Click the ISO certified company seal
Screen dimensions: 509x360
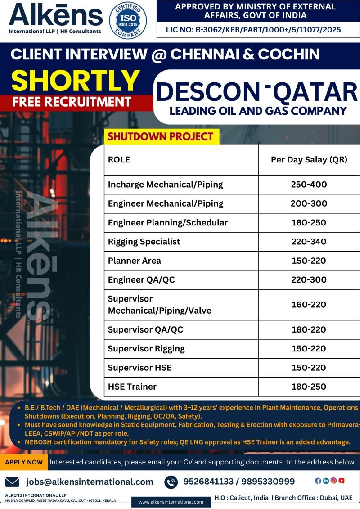pyautogui.click(x=127, y=21)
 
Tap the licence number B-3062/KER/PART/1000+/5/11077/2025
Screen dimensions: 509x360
pyautogui.click(x=254, y=30)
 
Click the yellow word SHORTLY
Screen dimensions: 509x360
pyautogui.click(x=76, y=81)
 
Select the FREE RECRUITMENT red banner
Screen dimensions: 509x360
pyautogui.click(x=72, y=101)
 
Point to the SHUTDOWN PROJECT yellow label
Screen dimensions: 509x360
pyautogui.click(x=161, y=136)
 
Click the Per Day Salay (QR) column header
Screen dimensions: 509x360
pyautogui.click(x=309, y=160)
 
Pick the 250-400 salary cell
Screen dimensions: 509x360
pyautogui.click(x=309, y=185)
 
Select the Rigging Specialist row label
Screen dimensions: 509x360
pyautogui.click(x=144, y=242)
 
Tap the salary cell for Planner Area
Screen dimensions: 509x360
pyautogui.click(x=309, y=261)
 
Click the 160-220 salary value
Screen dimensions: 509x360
pyautogui.click(x=309, y=305)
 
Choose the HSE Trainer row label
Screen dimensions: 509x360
pyautogui.click(x=132, y=387)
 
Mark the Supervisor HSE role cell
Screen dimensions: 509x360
pyautogui.click(x=139, y=368)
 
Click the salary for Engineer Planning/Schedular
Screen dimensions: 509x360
pyautogui.click(x=309, y=223)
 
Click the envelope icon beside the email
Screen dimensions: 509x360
pyautogui.click(x=12, y=482)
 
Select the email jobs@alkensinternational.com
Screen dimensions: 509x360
pyautogui.click(x=90, y=482)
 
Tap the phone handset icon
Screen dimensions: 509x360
pyautogui.click(x=171, y=482)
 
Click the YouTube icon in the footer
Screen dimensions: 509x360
pyautogui.click(x=342, y=481)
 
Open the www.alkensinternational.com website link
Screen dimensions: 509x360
pyautogui.click(x=171, y=502)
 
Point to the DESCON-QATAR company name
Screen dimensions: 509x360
pyautogui.click(x=256, y=92)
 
